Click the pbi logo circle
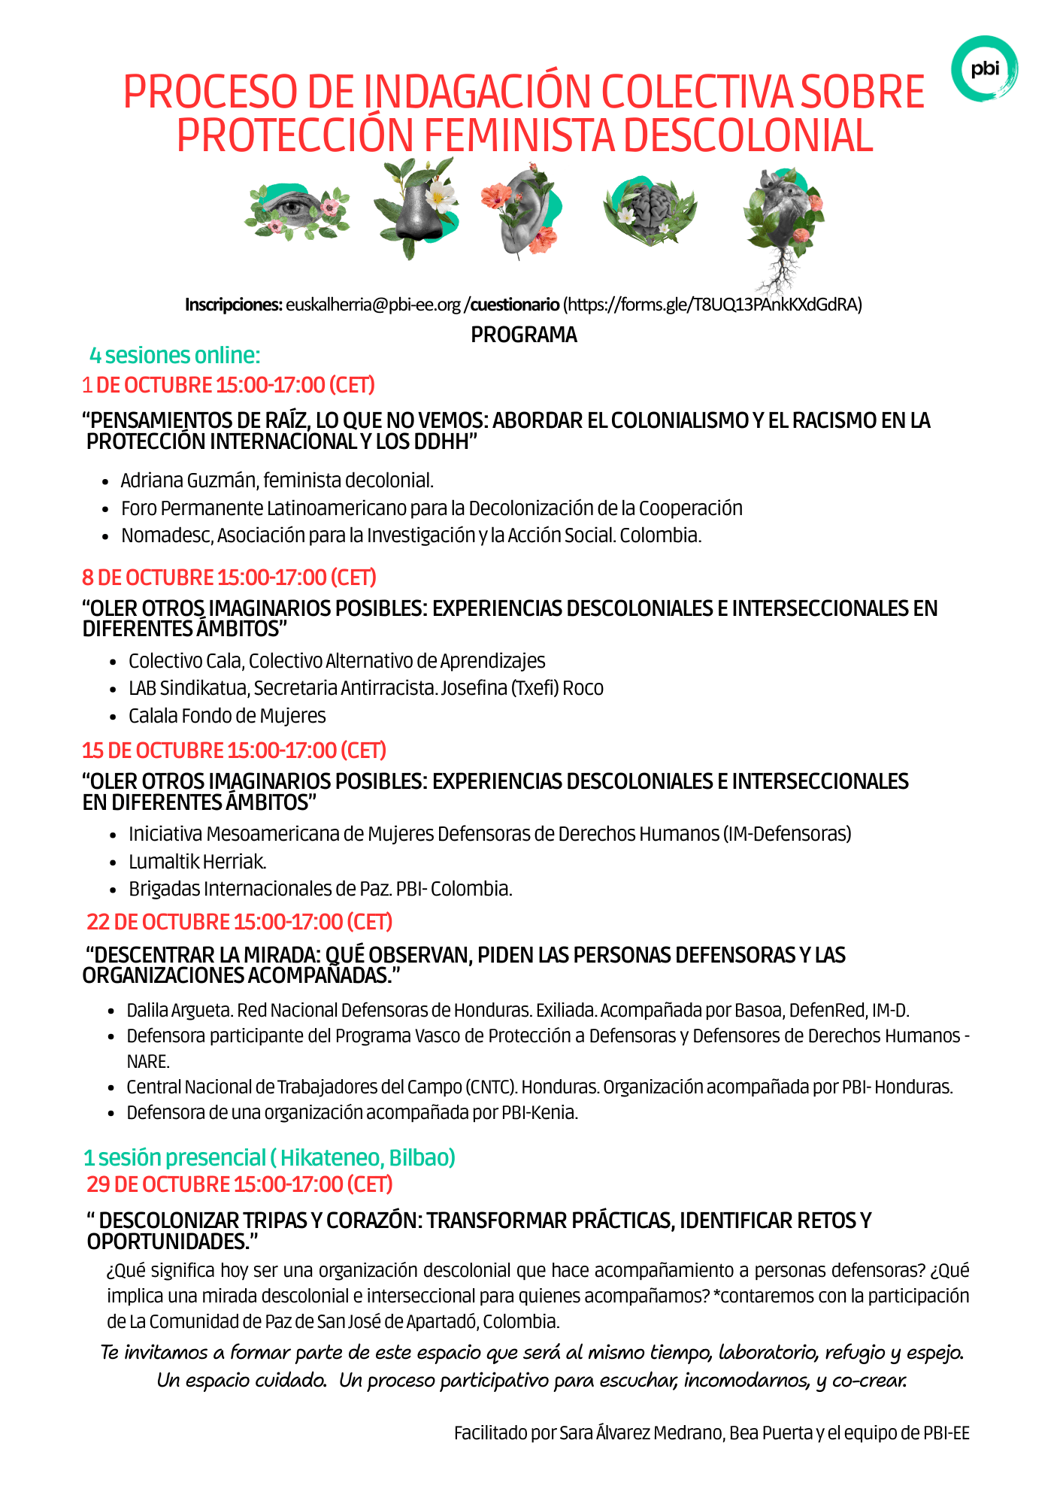[x=984, y=68]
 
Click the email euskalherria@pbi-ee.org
[x=373, y=305]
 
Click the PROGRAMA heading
[x=524, y=335]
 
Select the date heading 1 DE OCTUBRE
[x=229, y=385]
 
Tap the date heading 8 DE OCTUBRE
[x=229, y=578]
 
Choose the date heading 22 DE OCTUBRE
[x=240, y=922]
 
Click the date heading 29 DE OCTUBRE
[x=240, y=1184]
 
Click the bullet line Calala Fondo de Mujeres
[x=227, y=716]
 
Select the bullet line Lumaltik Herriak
[x=198, y=862]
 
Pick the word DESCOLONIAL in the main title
[x=748, y=135]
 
